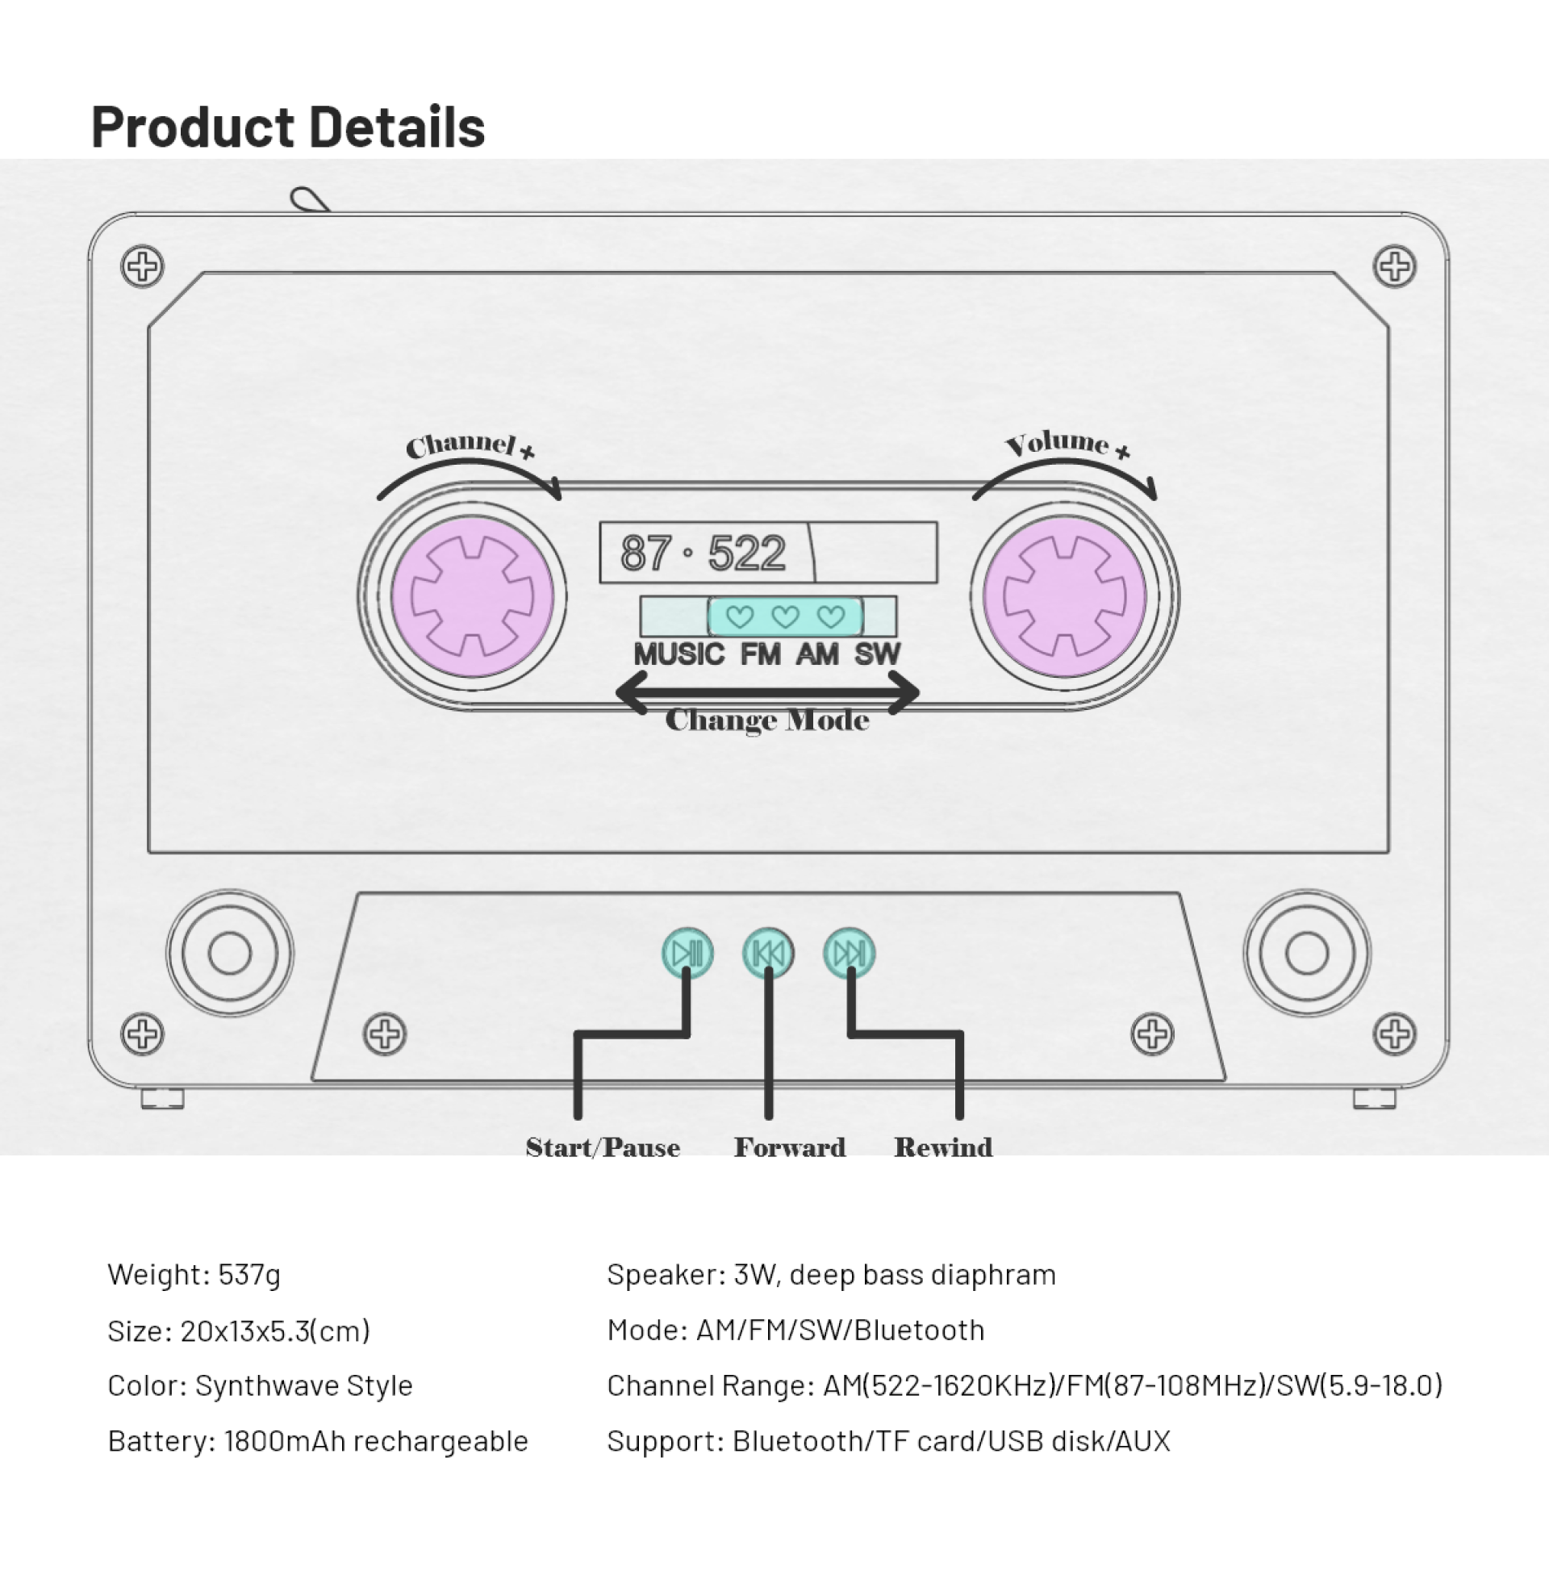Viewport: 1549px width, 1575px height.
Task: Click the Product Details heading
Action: point(288,127)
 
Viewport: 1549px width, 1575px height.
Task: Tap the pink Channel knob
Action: point(472,595)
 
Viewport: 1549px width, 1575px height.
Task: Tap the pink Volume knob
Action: point(1064,595)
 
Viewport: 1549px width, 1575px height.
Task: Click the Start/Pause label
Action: point(603,1147)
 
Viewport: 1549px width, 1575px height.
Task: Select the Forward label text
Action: point(790,1147)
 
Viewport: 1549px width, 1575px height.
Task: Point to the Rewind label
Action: point(943,1147)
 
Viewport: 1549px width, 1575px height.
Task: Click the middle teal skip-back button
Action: point(768,953)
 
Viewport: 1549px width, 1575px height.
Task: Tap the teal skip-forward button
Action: point(850,953)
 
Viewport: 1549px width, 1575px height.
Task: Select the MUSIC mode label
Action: point(678,654)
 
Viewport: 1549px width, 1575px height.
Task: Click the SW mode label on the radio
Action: point(877,654)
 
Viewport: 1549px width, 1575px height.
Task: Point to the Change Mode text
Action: point(767,720)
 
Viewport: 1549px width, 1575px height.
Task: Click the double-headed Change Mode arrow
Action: point(768,693)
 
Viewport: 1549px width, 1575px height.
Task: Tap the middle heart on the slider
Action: point(785,616)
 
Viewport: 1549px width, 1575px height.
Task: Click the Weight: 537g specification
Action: point(194,1275)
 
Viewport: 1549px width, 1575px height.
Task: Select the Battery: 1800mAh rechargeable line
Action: point(318,1441)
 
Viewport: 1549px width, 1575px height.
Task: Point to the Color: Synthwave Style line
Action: point(261,1385)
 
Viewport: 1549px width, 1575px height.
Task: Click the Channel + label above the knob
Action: point(470,445)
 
